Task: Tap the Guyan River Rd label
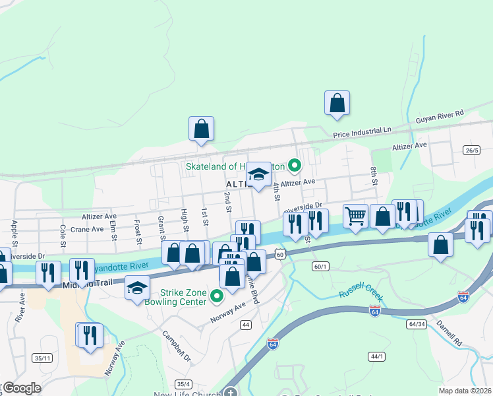[x=440, y=117]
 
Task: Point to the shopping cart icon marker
[x=355, y=216]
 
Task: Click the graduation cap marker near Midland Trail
[x=137, y=288]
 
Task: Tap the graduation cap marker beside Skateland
[x=259, y=175]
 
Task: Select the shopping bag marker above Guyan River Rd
[x=337, y=103]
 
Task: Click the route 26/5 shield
[x=471, y=150]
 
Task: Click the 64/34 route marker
[x=417, y=324]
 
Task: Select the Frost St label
[x=138, y=231]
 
